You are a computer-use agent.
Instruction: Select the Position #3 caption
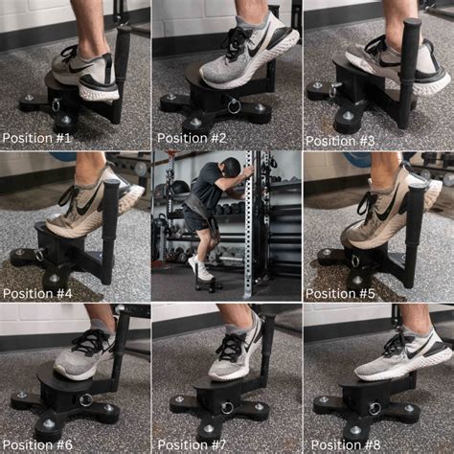click(x=342, y=138)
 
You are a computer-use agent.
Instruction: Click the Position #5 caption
click(x=340, y=291)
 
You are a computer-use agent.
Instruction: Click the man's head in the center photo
click(x=229, y=168)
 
